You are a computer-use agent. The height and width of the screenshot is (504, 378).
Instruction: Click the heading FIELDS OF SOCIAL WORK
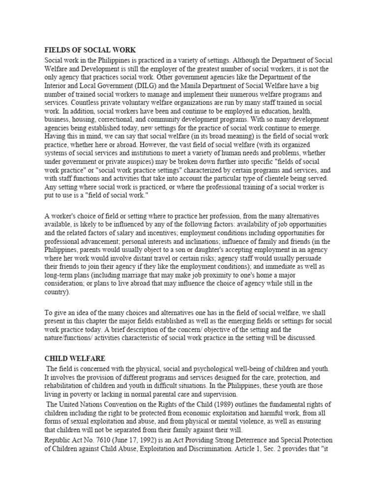click(x=90, y=50)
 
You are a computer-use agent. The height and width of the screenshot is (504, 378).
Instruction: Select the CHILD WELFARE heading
click(x=75, y=358)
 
